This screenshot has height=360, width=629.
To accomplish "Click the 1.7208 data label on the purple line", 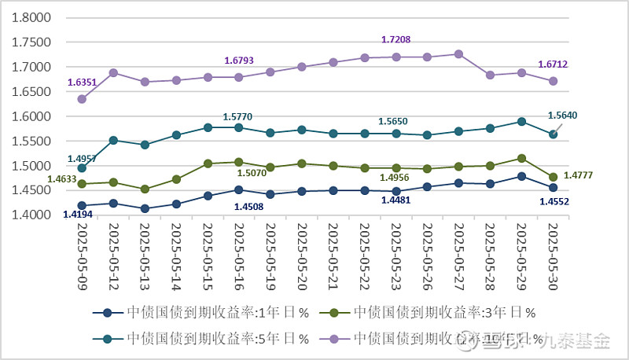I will [396, 39].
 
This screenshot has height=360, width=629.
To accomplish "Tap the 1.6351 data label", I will [83, 82].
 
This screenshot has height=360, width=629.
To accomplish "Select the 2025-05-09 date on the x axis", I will [83, 253].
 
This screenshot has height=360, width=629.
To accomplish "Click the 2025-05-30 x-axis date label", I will [553, 253].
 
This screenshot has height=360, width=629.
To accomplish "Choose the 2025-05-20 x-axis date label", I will [302, 253].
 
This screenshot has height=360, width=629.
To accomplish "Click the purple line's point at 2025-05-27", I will [459, 54].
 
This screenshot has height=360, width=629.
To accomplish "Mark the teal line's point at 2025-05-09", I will [82, 168].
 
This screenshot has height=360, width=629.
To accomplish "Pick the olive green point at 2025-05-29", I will [521, 158].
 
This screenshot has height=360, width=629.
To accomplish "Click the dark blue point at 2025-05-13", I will [145, 208].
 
